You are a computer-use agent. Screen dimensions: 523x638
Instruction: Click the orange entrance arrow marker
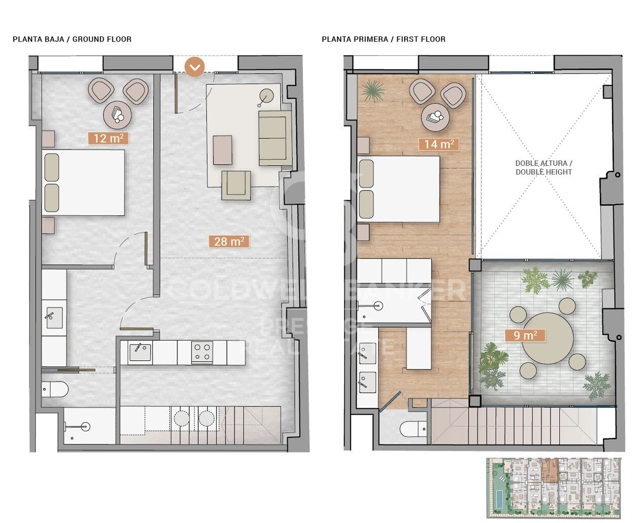pyautogui.click(x=195, y=66)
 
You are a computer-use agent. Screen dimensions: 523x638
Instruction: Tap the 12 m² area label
pyautogui.click(x=108, y=138)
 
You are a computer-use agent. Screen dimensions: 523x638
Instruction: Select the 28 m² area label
pyautogui.click(x=229, y=242)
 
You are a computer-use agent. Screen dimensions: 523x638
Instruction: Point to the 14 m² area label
pyautogui.click(x=439, y=144)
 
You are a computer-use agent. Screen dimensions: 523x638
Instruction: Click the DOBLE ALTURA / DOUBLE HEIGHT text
pyautogui.click(x=543, y=168)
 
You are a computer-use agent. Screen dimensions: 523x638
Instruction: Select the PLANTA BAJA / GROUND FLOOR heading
pyautogui.click(x=72, y=39)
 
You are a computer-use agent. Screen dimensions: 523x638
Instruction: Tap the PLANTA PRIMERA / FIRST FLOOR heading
pyautogui.click(x=383, y=39)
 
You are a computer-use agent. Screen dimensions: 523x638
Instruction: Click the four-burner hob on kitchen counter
pyautogui.click(x=202, y=352)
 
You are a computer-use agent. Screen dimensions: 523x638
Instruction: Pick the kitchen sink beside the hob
pyautogui.click(x=138, y=352)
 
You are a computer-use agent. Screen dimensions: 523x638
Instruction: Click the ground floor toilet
pyautogui.click(x=54, y=390)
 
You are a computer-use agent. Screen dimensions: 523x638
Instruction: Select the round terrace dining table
pyautogui.click(x=548, y=338)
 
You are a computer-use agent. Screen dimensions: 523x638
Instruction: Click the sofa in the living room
pyautogui.click(x=273, y=138)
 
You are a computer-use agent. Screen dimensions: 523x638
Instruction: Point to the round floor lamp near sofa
pyautogui.click(x=266, y=95)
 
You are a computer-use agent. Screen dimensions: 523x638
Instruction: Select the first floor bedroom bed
pyautogui.click(x=399, y=189)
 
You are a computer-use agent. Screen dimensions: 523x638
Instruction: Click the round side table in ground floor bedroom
pyautogui.click(x=117, y=115)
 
